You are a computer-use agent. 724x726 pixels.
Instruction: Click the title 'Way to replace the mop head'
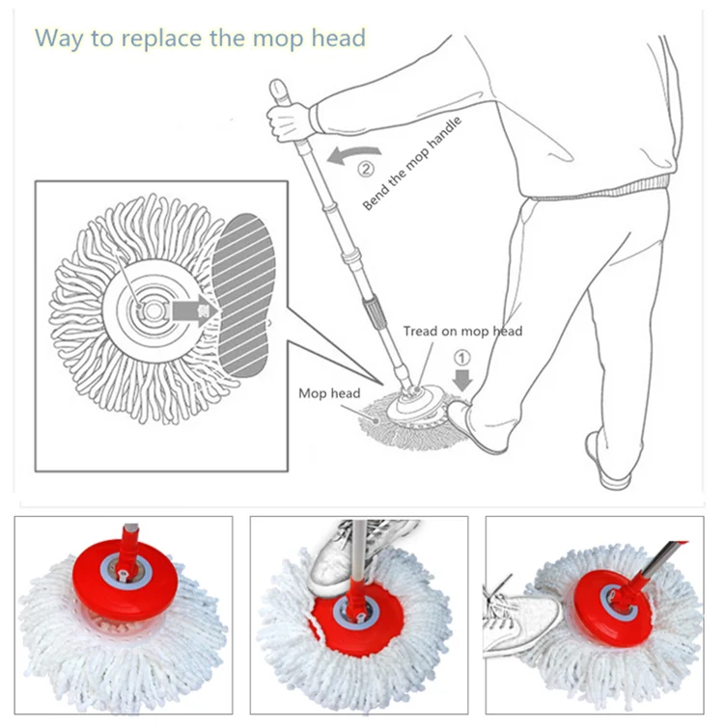pos(200,38)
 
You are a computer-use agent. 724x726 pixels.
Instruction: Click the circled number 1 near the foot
pos(461,358)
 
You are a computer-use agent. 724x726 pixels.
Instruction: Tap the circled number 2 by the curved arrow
pos(366,169)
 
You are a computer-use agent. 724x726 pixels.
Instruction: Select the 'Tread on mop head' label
pos(462,331)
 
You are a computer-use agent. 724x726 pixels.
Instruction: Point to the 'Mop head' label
pos(329,393)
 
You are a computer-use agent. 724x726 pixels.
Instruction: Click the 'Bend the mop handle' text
pos(412,163)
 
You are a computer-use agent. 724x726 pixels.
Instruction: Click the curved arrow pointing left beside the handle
pos(354,155)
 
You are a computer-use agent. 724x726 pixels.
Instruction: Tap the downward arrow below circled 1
pos(462,380)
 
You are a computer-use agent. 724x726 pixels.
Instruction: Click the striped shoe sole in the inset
pos(244,295)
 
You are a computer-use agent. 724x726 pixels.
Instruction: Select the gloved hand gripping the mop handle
pos(289,121)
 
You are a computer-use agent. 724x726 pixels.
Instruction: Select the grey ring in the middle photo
pos(356,612)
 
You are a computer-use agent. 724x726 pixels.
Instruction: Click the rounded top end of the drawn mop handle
pos(279,88)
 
